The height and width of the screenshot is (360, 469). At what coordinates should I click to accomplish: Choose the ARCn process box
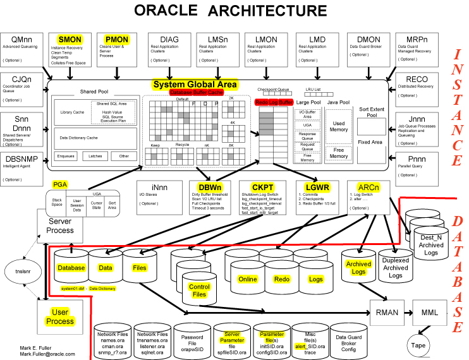click(368, 196)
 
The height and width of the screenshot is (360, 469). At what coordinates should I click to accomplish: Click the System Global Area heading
click(195, 85)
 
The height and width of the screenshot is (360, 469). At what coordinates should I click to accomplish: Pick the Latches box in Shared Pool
click(95, 156)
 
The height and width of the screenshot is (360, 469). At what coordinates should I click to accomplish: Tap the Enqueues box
click(66, 156)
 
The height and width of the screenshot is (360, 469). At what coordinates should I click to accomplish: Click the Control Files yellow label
click(199, 291)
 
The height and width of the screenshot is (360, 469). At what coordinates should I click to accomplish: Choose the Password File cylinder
click(192, 342)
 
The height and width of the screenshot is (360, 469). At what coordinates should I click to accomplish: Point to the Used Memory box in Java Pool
click(338, 127)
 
